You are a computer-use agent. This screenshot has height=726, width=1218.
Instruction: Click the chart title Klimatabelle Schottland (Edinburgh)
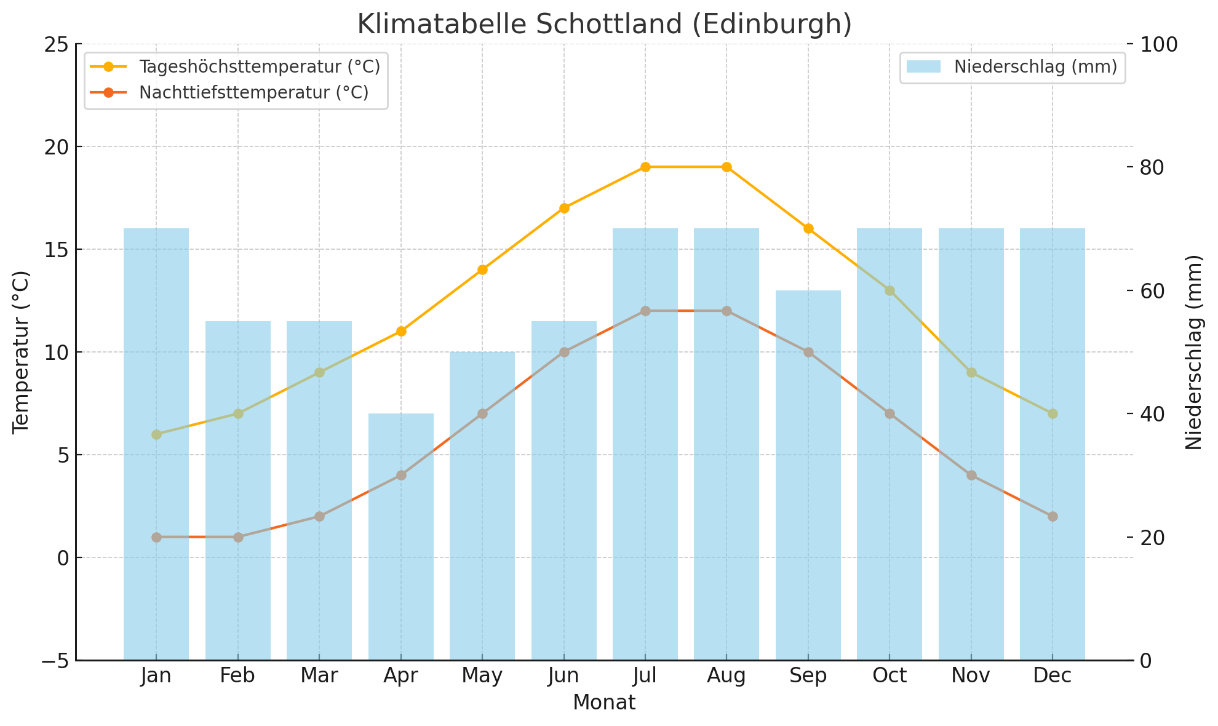point(604,25)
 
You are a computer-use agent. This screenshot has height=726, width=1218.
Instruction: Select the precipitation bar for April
point(401,535)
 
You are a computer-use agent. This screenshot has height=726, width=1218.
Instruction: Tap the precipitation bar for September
point(808,474)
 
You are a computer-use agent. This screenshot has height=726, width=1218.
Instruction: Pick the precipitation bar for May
point(482,505)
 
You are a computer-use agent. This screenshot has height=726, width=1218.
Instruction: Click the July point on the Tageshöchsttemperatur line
point(645,167)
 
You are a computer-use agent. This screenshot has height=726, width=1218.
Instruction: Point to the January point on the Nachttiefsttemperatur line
point(156,537)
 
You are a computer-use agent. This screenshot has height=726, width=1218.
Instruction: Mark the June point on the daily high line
point(564,208)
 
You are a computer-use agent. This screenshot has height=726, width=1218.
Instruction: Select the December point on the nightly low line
point(1053,516)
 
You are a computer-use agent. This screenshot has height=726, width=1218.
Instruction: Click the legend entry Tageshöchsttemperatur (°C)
point(259,66)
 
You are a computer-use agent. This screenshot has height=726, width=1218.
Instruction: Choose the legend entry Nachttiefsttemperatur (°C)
point(253,92)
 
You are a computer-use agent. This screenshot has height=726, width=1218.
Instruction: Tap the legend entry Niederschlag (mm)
point(1035,66)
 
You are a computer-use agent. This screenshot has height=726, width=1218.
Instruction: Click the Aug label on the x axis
point(726,676)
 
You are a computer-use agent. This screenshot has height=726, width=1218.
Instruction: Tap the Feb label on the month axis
point(237,676)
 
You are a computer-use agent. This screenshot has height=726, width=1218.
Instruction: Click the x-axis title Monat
point(604,703)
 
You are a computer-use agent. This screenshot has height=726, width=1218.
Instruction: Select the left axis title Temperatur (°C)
point(22,352)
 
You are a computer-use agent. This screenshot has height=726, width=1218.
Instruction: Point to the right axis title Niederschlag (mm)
point(1193,352)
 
